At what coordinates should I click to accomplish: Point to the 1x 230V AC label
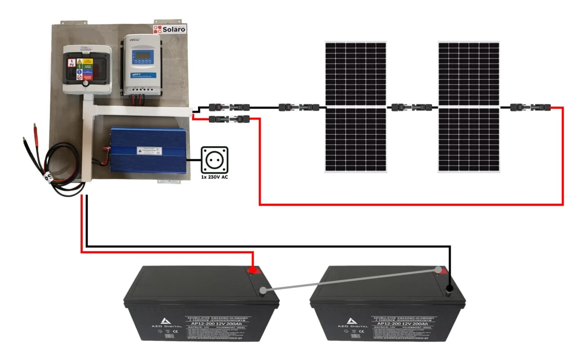[214, 177]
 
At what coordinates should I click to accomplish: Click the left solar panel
[356, 107]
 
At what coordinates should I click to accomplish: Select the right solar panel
[469, 107]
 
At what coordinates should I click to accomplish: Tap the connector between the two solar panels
[412, 108]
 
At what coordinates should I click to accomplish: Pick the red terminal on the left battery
[253, 270]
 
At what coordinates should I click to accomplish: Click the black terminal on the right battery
[449, 288]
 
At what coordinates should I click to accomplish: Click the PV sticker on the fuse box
[71, 63]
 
